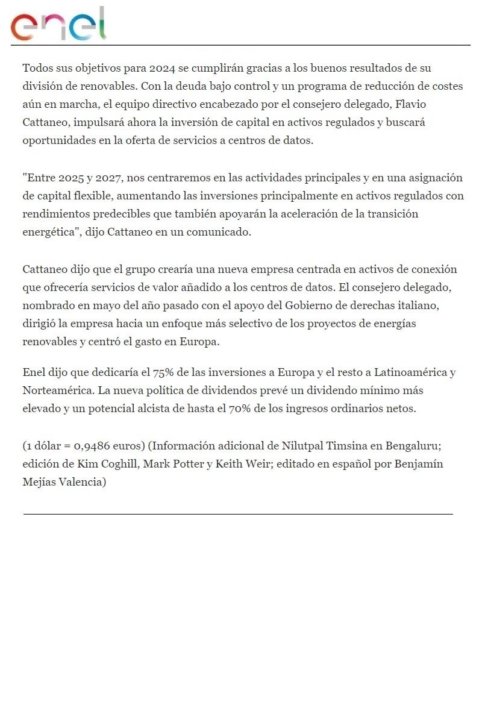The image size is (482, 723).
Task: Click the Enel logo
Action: pos(58,25)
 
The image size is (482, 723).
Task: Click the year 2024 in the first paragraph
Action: pos(162,68)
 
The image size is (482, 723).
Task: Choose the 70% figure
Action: pos(240,408)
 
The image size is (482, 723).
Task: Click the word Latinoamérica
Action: pos(408,372)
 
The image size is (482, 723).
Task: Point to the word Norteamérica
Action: pos(56,390)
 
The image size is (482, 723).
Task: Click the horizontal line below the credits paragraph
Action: pos(238,514)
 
